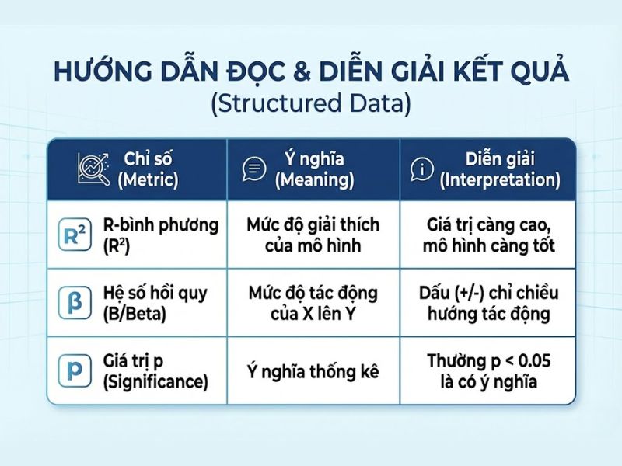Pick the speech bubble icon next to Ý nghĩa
254,169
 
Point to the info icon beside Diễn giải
420,169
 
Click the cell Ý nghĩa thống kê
313,372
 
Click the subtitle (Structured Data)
311,104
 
